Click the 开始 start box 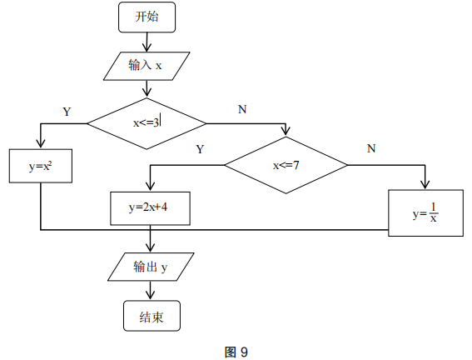[x=147, y=17]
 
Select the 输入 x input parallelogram [x=147, y=65]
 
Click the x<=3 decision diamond [x=147, y=122]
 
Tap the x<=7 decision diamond [x=286, y=165]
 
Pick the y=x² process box [x=40, y=166]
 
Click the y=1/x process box [x=425, y=213]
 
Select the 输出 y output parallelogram [x=151, y=267]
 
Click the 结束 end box [x=151, y=316]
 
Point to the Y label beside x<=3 [x=67, y=111]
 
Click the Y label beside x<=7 [x=200, y=150]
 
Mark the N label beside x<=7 [x=371, y=149]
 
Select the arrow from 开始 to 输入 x [x=147, y=42]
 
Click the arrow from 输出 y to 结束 [x=151, y=291]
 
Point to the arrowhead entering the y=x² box [x=40, y=145]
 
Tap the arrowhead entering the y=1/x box [x=425, y=185]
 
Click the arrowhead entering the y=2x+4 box [x=150, y=188]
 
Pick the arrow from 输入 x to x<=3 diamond [x=147, y=87]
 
